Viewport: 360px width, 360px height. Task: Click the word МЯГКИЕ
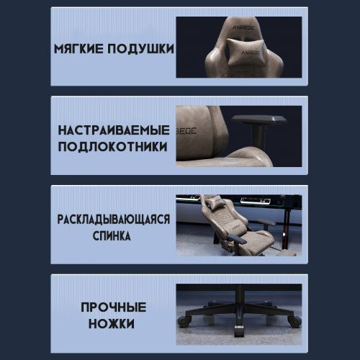[79, 49]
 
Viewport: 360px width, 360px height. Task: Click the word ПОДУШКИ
[140, 49]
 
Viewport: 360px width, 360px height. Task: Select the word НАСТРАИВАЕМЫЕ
[114, 130]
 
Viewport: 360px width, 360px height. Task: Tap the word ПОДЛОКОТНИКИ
[112, 146]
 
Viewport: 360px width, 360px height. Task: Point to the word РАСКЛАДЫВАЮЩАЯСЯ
[114, 219]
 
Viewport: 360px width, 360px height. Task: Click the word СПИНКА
[112, 235]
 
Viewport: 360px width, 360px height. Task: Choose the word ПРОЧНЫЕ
[114, 307]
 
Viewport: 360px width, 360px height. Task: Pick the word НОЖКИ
[112, 323]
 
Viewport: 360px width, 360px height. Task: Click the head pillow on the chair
[246, 52]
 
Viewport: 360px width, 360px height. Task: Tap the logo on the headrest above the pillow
[243, 28]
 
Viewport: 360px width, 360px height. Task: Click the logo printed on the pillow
[251, 53]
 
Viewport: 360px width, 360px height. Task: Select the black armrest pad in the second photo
[259, 120]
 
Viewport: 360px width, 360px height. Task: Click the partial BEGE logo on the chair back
[186, 131]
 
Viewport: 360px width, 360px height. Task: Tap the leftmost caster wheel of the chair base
[184, 321]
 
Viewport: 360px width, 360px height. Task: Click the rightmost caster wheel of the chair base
[294, 322]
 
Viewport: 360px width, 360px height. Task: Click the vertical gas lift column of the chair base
[240, 294]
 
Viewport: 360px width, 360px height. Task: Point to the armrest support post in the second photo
[258, 135]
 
